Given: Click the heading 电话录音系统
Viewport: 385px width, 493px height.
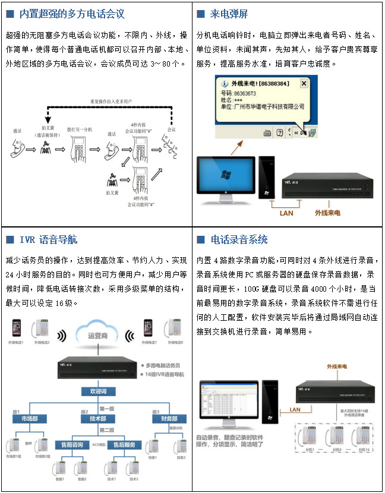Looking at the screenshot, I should (239, 240).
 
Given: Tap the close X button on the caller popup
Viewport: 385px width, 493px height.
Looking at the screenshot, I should (304, 84).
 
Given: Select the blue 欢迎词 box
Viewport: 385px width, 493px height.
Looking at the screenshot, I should (99, 392).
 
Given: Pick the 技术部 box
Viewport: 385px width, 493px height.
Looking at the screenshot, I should (98, 419).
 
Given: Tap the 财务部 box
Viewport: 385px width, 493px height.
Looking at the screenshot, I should (167, 419).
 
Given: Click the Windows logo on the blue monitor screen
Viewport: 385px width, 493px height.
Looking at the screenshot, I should (226, 175).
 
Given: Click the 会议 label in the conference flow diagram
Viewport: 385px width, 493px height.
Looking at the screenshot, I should (172, 129).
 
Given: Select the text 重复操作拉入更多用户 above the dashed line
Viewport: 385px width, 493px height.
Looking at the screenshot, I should (110, 101).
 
